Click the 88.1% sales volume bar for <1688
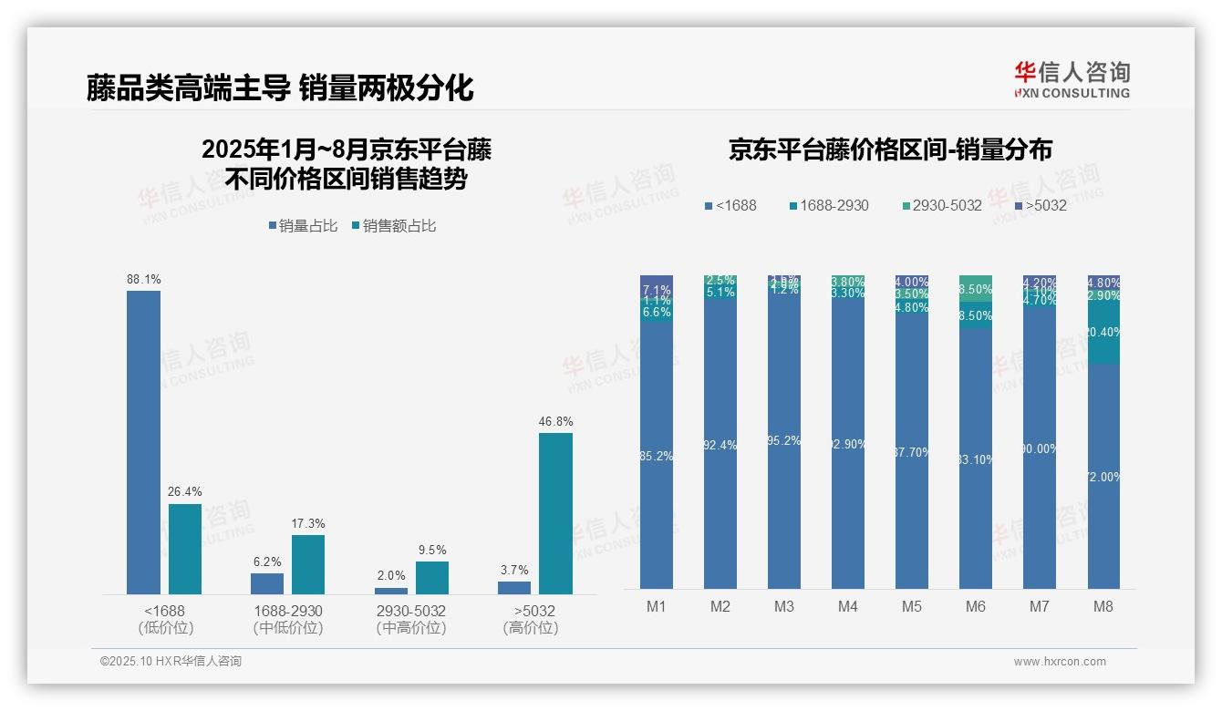tap(143, 442)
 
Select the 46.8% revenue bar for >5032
tap(555, 513)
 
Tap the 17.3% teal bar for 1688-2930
tap(308, 564)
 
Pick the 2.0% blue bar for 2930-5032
tap(391, 591)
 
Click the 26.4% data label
tap(184, 491)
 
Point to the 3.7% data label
tap(514, 570)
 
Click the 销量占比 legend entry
tap(302, 226)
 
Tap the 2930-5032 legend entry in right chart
tap(940, 206)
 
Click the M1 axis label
tap(657, 606)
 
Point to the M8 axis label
tap(1103, 606)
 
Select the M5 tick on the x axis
tap(912, 606)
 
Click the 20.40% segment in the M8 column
tap(1103, 333)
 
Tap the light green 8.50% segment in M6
tap(976, 289)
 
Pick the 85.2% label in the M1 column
tap(657, 456)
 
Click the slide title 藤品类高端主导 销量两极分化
tap(280, 88)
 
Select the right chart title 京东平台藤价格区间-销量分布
tap(891, 150)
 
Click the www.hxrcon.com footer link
tap(1060, 662)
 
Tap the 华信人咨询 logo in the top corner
tap(1072, 79)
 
